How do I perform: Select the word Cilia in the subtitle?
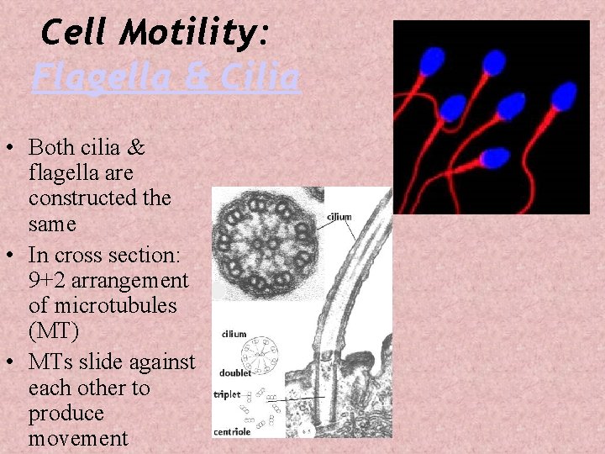261,78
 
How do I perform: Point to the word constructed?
99,198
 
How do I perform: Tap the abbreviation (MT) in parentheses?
54,331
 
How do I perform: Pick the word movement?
78,439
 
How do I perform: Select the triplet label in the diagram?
228,393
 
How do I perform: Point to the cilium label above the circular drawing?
234,334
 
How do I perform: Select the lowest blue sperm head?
497,157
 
